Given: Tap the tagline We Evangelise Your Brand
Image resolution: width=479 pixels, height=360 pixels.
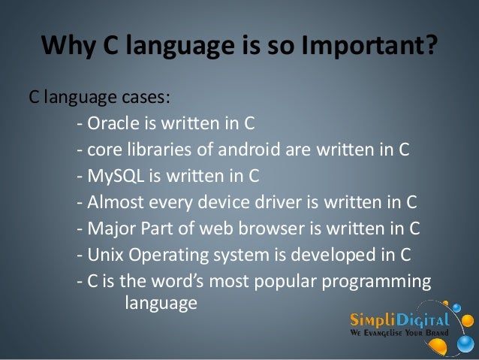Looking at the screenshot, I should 399,331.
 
